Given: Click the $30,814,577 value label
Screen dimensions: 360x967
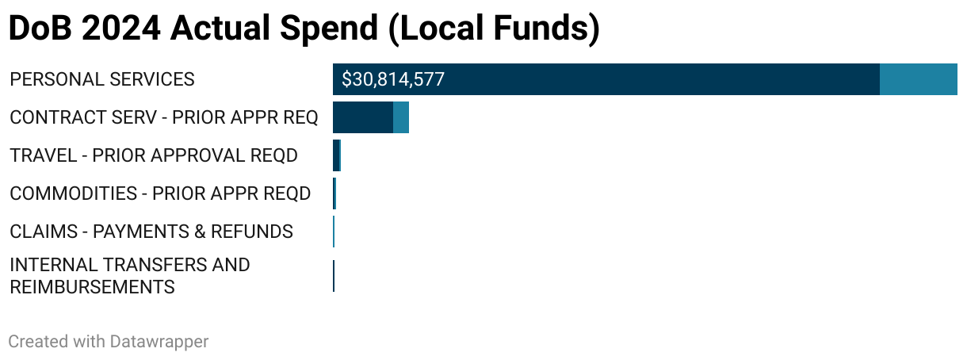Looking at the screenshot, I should pyautogui.click(x=392, y=79).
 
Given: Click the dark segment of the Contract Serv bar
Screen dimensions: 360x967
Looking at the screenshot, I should pyautogui.click(x=363, y=117).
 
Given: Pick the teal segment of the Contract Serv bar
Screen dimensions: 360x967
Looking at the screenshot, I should pyautogui.click(x=401, y=117).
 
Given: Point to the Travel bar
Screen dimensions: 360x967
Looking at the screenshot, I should pyautogui.click(x=337, y=155).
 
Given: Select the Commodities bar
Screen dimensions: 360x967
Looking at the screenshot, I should pyautogui.click(x=334, y=193).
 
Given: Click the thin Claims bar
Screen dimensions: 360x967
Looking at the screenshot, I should pyautogui.click(x=334, y=232).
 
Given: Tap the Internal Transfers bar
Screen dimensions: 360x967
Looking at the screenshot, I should pyautogui.click(x=334, y=276).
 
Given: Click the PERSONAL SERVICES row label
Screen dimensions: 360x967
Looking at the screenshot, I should pyautogui.click(x=102, y=79).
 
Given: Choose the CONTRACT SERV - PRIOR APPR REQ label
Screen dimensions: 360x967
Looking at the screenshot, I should pyautogui.click(x=164, y=117).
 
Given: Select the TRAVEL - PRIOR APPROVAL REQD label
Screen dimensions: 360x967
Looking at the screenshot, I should pyautogui.click(x=154, y=155).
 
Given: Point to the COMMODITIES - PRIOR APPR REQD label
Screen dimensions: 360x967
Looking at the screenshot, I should pyautogui.click(x=160, y=193).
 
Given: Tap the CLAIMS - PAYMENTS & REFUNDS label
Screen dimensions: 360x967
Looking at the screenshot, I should pyautogui.click(x=151, y=232).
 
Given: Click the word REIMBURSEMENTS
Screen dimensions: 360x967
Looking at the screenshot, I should pyautogui.click(x=92, y=287).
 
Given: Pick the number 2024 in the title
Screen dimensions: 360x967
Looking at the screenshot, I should pyautogui.click(x=120, y=29).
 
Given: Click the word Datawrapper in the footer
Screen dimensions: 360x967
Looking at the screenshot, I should pyautogui.click(x=159, y=342).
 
